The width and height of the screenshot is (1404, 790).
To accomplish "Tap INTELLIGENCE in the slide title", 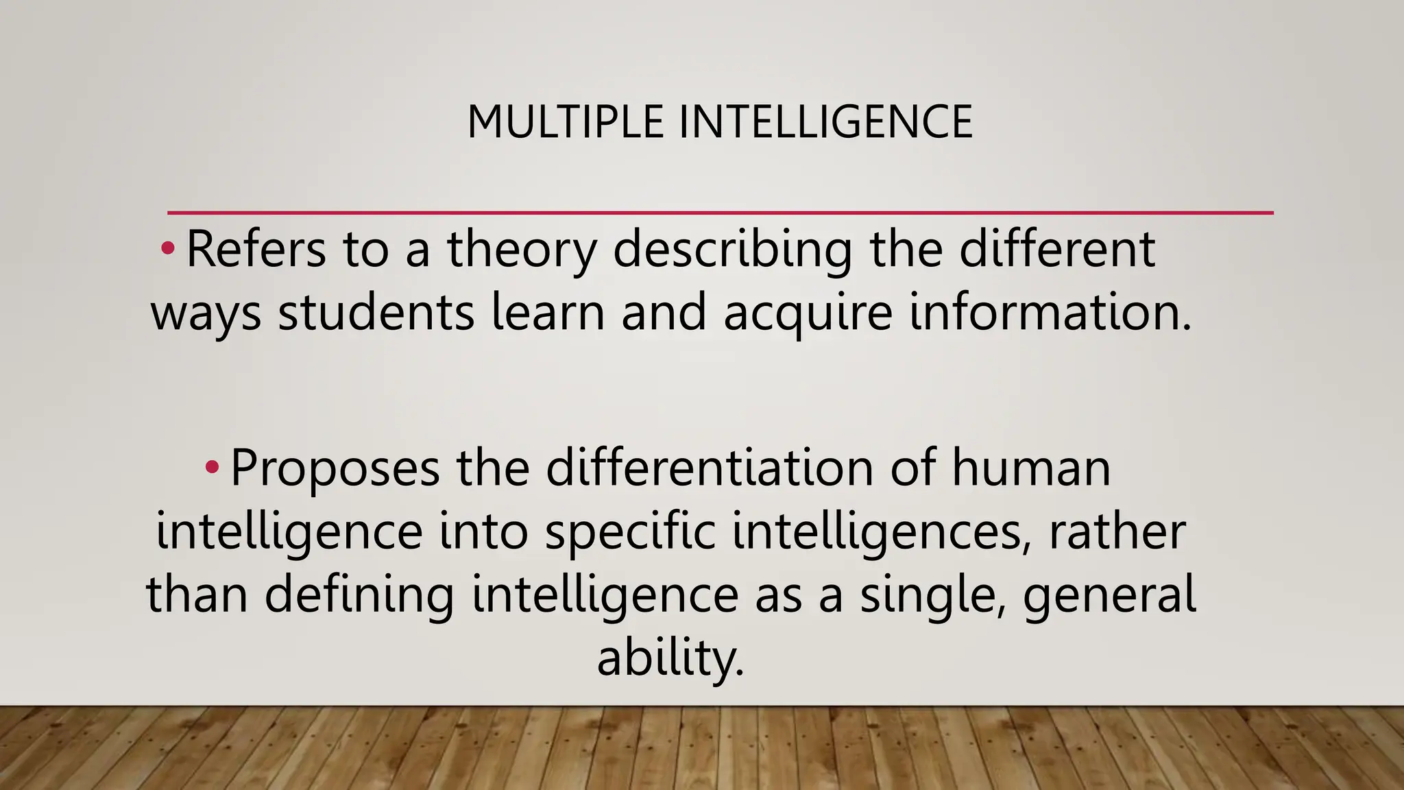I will tap(825, 122).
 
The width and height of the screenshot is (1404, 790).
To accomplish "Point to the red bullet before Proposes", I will tap(212, 468).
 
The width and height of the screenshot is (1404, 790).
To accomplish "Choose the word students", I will tap(376, 313).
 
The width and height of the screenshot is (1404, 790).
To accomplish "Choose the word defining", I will tap(359, 594).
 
